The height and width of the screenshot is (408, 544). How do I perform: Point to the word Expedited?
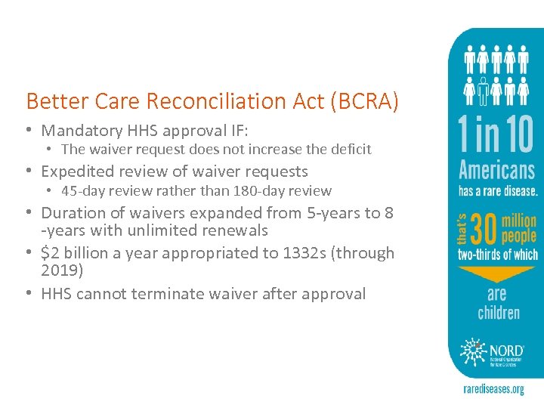pyautogui.click(x=78, y=172)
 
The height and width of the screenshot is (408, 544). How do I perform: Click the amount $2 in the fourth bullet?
pyautogui.click(x=51, y=252)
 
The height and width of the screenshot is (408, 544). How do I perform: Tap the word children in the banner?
pyautogui.click(x=498, y=312)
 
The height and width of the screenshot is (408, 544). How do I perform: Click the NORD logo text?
pyautogui.click(x=505, y=350)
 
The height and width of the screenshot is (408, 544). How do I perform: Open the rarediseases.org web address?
pyautogui.click(x=493, y=390)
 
